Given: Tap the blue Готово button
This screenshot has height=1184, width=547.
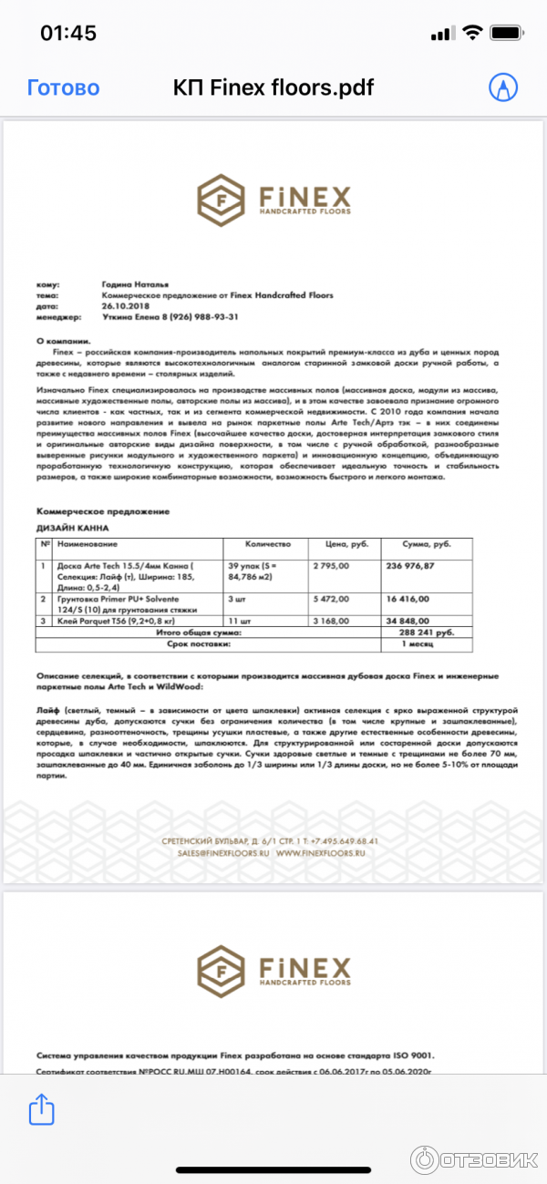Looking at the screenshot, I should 63,88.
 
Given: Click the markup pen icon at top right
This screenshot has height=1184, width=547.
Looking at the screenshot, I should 502,88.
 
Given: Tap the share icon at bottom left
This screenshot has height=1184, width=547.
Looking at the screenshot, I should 41,1109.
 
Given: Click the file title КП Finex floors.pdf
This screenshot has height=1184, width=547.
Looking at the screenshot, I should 273,88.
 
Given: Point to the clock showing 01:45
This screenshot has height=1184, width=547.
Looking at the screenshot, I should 68,33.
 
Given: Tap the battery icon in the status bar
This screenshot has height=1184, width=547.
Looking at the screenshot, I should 506,33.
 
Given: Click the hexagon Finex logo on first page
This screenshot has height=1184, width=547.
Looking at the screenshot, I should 220,198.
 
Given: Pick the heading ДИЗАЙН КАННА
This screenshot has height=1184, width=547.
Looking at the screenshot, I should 72,528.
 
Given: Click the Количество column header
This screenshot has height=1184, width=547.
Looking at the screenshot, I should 268,544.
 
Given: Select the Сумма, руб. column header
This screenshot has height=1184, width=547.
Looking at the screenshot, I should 427,544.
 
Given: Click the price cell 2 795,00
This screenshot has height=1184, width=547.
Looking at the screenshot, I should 333,566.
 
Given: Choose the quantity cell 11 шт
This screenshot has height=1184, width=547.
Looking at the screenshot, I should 241,621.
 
